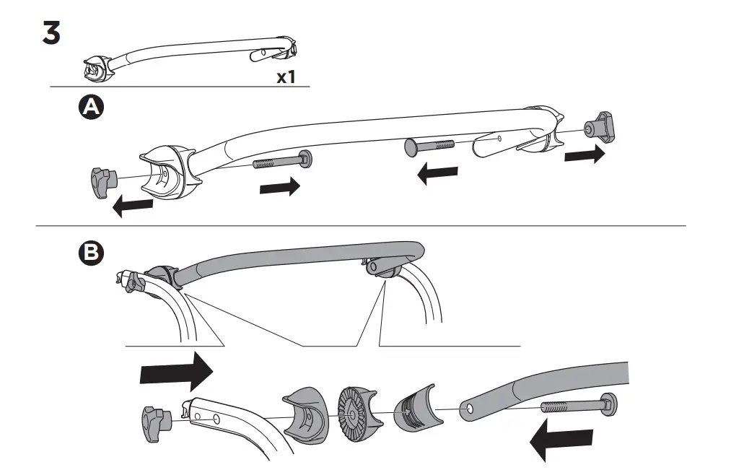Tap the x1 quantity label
(x=286, y=77)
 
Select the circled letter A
(x=90, y=107)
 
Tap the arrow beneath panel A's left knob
(x=133, y=206)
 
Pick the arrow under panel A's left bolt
(x=279, y=187)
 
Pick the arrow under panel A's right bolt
(x=438, y=174)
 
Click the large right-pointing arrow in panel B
(x=176, y=373)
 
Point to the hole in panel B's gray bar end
(x=470, y=409)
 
